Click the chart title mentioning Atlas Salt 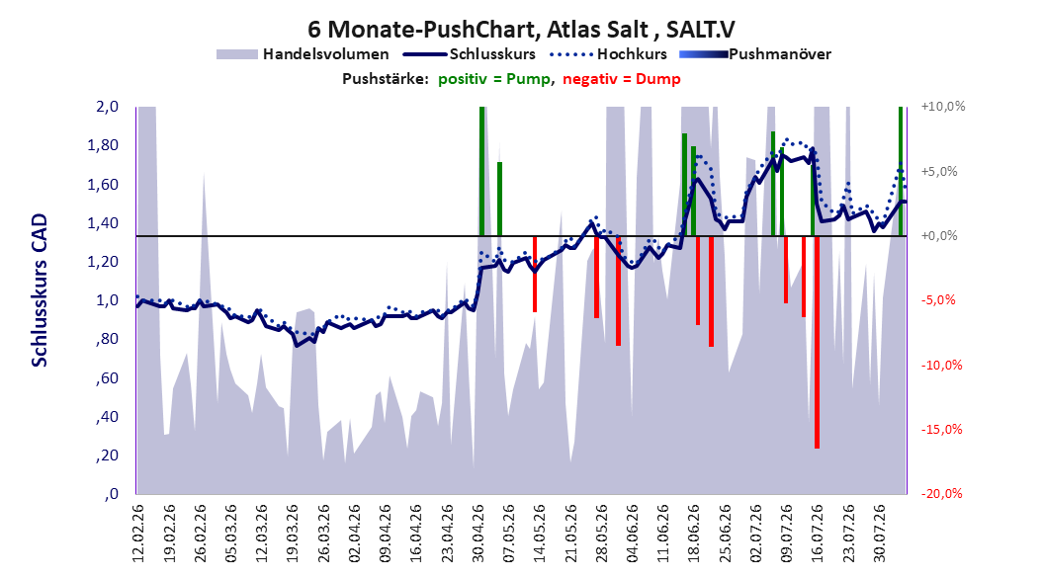[x=521, y=30]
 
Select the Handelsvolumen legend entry [x=303, y=54]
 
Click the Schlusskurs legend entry [x=470, y=54]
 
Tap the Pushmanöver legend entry [x=755, y=54]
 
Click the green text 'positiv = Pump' [x=493, y=79]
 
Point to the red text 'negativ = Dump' [x=622, y=79]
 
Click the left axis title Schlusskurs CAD [x=40, y=290]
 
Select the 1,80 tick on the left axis [x=103, y=145]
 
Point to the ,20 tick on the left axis [x=107, y=455]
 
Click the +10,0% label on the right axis [x=943, y=107]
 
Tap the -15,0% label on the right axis [x=942, y=430]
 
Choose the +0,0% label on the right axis [x=939, y=236]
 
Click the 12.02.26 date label [x=138, y=534]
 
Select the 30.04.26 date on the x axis [x=478, y=534]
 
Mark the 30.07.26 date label [x=880, y=534]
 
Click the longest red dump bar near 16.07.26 [x=817, y=342]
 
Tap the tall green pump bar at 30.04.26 [x=481, y=171]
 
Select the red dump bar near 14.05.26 [x=534, y=275]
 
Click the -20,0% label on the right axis [x=942, y=494]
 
